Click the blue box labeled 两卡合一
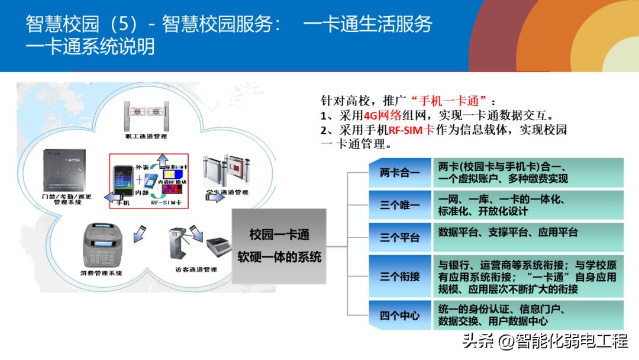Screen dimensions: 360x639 (399, 173)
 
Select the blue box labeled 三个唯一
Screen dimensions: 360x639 (399, 205)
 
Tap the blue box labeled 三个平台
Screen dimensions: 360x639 (399, 237)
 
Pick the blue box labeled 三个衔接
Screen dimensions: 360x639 (399, 276)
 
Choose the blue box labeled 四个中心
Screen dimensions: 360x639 (399, 316)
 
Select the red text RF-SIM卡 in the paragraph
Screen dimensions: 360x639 (411, 130)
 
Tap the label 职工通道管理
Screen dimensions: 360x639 (146, 136)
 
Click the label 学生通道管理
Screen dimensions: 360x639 (227, 192)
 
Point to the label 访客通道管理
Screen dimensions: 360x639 (196, 270)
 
